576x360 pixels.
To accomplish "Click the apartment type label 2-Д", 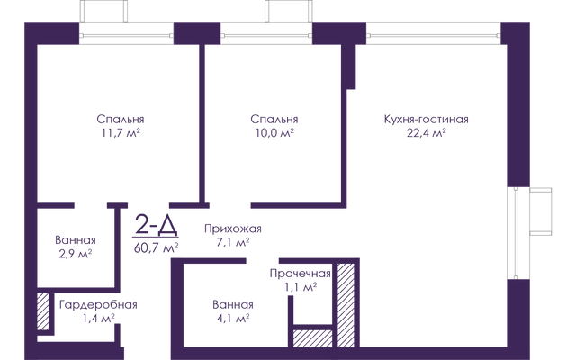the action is (x=157, y=225).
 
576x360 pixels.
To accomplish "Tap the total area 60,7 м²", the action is (x=156, y=248).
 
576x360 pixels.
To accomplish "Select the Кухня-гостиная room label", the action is (x=426, y=120).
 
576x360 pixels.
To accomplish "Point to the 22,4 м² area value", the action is (x=426, y=132).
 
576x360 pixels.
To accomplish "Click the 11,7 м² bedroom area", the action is (x=121, y=132).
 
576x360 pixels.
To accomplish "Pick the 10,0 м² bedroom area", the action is (x=274, y=132).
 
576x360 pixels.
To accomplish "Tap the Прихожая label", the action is (x=233, y=229).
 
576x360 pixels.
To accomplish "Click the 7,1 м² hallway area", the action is (x=233, y=242).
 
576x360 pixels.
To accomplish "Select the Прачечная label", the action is (x=300, y=274).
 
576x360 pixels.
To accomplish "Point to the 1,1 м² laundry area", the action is (x=301, y=287).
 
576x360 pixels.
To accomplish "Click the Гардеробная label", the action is (x=98, y=305).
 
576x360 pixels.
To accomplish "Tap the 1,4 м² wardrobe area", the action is (x=98, y=319).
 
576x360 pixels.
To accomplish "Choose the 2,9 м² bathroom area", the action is (x=76, y=254).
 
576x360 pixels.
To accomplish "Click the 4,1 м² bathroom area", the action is (x=233, y=318).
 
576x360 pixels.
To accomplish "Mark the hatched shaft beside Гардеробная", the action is (x=42, y=311).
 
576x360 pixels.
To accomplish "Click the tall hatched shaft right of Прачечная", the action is (x=346, y=305).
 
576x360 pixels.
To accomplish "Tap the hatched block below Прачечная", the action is (x=312, y=338).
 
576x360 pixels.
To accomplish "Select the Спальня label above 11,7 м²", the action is (x=121, y=120).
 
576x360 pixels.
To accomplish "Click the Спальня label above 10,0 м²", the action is (x=274, y=120).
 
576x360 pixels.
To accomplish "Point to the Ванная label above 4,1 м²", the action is (x=233, y=305).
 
